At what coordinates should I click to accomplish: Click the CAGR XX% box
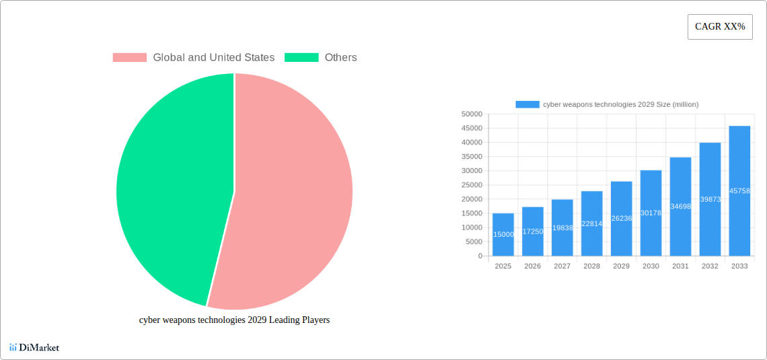click(720, 27)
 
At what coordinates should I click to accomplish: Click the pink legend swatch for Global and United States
click(129, 58)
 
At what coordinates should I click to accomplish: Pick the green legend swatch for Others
click(301, 58)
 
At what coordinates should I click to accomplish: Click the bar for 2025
click(503, 235)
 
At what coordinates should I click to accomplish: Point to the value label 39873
click(710, 199)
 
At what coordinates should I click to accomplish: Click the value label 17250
click(533, 231)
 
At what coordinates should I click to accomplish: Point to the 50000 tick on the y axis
click(472, 114)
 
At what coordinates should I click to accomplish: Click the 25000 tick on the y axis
click(472, 185)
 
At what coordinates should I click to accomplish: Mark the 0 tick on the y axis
click(480, 256)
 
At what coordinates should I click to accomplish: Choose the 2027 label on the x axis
click(562, 266)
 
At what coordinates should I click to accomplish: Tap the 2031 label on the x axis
click(680, 266)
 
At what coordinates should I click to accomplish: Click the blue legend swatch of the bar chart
click(527, 104)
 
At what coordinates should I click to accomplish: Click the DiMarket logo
click(34, 347)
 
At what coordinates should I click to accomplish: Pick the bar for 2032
click(710, 222)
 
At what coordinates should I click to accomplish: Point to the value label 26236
click(622, 218)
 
